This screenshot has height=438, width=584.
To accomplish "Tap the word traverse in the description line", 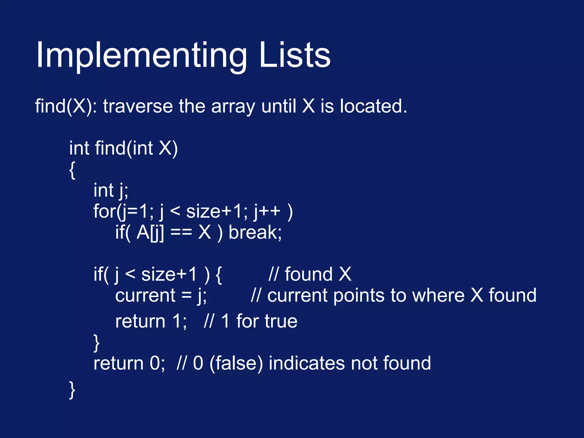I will click(138, 106).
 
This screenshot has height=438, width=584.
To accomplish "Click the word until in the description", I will click(279, 106).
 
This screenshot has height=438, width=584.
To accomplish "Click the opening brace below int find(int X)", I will click(72, 170).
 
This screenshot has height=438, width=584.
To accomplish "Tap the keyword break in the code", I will click(255, 232).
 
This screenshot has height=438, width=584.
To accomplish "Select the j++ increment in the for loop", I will click(267, 212).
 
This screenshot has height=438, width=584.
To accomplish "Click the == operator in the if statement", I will click(181, 233).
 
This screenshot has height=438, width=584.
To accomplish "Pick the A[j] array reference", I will click(150, 233).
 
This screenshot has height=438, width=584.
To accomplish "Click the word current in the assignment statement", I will click(145, 295).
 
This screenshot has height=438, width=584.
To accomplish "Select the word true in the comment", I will click(281, 321).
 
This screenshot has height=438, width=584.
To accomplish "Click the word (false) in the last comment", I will click(236, 363).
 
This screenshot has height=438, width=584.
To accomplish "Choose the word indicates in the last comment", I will click(307, 363).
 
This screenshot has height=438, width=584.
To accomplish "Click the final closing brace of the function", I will click(72, 390).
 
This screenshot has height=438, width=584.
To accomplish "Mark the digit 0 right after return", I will click(155, 363).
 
